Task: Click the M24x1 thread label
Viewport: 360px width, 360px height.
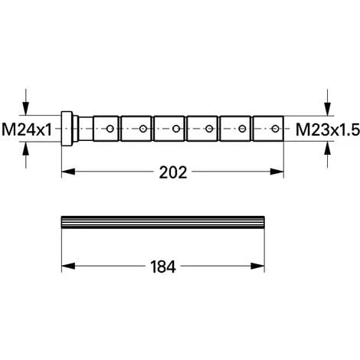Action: click(27, 129)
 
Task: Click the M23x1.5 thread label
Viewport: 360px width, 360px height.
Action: click(328, 129)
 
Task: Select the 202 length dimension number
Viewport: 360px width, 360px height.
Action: click(173, 172)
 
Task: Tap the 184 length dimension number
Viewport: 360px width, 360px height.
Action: click(163, 267)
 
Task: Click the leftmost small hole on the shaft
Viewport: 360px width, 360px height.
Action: click(110, 129)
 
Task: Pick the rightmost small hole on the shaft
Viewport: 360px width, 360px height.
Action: click(275, 129)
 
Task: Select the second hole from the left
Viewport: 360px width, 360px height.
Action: click(143, 129)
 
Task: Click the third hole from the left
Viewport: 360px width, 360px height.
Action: click(176, 129)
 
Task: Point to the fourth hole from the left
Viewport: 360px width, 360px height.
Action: click(209, 129)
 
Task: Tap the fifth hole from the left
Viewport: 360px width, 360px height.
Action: click(242, 129)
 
